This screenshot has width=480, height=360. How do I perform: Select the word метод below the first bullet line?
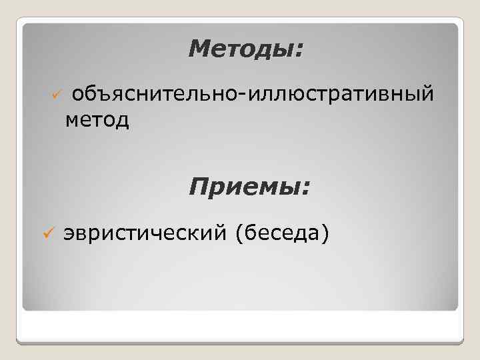pyautogui.click(x=97, y=121)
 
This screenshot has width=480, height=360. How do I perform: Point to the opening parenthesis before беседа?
pyautogui.click(x=249, y=234)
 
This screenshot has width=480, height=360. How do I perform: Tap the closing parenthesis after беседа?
pyautogui.click(x=325, y=234)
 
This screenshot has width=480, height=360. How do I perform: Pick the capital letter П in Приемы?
pyautogui.click(x=199, y=186)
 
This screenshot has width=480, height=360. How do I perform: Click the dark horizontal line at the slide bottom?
pyautogui.click(x=240, y=343)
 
